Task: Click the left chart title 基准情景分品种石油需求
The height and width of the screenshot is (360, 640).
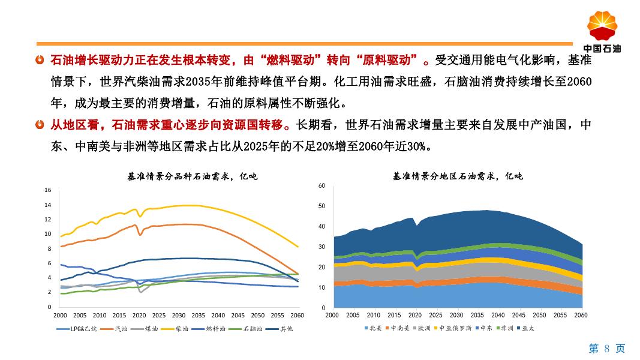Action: point(192,176)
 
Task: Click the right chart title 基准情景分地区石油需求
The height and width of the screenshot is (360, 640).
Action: point(458,176)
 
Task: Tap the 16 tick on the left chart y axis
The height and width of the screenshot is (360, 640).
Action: point(48,190)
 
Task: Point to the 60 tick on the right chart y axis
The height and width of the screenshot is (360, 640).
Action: point(321,186)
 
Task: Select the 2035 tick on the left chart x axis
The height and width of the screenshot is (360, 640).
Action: point(198,315)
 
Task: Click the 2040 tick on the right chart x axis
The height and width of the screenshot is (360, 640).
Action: point(498,315)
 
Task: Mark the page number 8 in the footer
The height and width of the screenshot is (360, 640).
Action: point(607,349)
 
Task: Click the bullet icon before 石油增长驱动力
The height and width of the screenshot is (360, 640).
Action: point(40,61)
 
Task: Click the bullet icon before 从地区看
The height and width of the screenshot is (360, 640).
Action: point(40,125)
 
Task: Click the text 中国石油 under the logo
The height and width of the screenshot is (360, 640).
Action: point(602,49)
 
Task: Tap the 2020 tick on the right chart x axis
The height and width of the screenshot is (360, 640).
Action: point(415,315)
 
